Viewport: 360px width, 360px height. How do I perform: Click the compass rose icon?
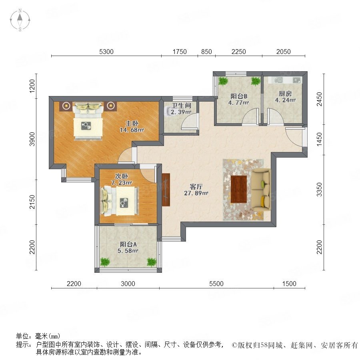20,20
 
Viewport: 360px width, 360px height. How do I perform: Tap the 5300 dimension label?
106,52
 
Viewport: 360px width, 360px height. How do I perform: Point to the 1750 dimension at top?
180,52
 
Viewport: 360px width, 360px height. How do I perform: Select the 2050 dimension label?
284,52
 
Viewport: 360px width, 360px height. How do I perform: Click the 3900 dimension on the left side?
32,139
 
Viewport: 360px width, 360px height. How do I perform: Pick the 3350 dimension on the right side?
319,190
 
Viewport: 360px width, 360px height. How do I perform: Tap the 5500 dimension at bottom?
216,284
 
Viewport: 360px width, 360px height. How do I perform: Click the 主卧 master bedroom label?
132,123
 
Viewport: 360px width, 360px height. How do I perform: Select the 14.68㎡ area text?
132,130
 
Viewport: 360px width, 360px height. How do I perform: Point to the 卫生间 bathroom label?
181,106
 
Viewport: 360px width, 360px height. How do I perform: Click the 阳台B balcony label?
239,96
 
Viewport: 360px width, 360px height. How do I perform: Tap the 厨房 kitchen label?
285,94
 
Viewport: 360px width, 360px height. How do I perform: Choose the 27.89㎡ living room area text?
196,193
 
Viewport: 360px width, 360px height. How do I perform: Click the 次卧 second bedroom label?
122,176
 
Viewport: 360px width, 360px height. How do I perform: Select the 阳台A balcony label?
128,244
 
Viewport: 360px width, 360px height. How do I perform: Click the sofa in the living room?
261,190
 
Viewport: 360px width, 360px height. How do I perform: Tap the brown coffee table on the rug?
238,190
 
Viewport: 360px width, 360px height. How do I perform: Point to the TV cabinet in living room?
166,190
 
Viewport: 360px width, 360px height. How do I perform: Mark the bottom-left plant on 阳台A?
105,262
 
